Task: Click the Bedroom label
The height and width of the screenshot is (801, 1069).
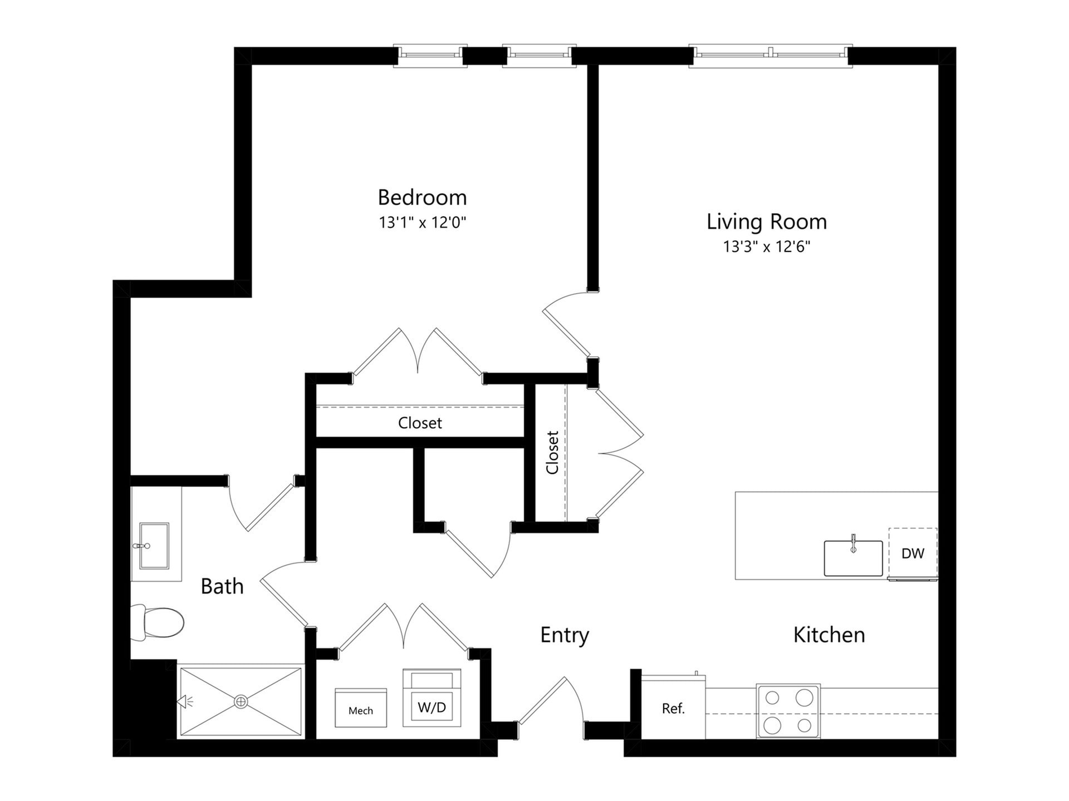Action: [x=422, y=197]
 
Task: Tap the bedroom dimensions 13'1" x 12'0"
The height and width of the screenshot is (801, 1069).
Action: [x=422, y=223]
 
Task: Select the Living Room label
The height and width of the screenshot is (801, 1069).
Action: [x=767, y=221]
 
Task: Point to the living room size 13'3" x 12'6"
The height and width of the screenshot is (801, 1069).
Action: [x=767, y=246]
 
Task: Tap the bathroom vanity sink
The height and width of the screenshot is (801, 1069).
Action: [x=154, y=546]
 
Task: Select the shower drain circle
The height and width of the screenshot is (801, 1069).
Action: [x=241, y=701]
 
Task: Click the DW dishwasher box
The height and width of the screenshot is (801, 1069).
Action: [x=913, y=553]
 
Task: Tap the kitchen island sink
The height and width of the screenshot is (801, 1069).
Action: [x=853, y=558]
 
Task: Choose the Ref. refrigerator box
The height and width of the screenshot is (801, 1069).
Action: [x=673, y=708]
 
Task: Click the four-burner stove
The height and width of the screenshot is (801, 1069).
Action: [x=788, y=711]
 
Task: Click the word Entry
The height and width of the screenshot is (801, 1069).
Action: [x=565, y=635]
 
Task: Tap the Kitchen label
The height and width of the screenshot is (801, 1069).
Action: [x=829, y=635]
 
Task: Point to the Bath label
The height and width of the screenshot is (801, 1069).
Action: [x=222, y=586]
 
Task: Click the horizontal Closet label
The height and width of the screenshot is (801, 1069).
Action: [x=420, y=423]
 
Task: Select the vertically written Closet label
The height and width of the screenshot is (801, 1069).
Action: [x=552, y=452]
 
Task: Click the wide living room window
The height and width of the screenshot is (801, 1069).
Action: [x=771, y=56]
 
